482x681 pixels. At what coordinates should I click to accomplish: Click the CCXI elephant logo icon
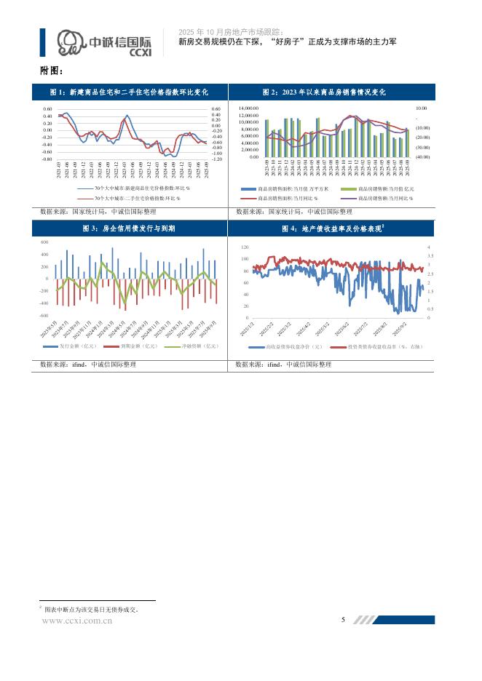click(71, 43)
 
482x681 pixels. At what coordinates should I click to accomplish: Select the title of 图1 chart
click(129, 92)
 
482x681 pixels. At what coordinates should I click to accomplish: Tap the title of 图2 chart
click(333, 92)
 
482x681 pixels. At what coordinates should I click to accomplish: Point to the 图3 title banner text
click(129, 228)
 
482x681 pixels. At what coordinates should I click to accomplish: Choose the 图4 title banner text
click(333, 228)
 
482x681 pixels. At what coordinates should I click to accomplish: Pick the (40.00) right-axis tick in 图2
click(422, 156)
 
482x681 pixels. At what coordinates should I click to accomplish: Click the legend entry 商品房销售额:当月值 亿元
click(382, 188)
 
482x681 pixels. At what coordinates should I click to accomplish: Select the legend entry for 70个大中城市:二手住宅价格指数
click(136, 197)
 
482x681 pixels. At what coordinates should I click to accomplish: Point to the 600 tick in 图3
click(44, 242)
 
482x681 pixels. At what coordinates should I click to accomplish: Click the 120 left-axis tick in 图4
click(244, 247)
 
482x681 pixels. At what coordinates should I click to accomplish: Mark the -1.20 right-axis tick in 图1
click(216, 159)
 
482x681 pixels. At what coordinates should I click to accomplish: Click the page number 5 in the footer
click(343, 620)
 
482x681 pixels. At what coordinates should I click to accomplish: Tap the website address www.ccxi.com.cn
click(77, 621)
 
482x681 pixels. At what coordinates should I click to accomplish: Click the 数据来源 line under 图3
click(86, 364)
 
